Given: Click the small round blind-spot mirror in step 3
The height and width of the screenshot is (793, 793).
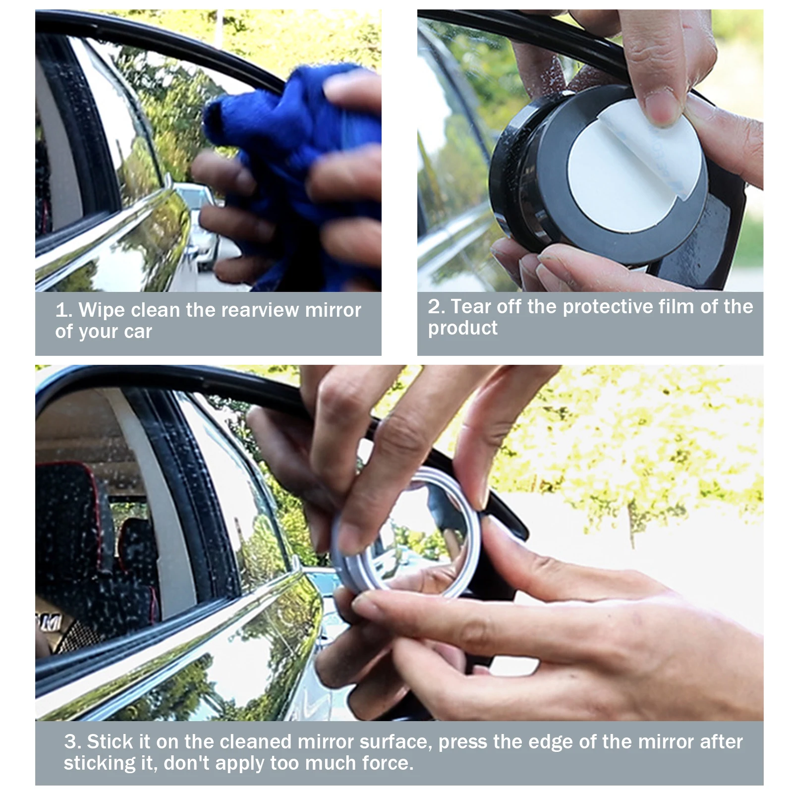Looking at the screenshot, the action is pyautogui.click(x=406, y=530).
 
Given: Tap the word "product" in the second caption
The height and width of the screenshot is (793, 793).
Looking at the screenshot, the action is pyautogui.click(x=463, y=328).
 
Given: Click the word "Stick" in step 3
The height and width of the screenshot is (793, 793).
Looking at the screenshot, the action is pyautogui.click(x=109, y=741).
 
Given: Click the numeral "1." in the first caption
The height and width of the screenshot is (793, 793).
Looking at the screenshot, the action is pyautogui.click(x=64, y=310).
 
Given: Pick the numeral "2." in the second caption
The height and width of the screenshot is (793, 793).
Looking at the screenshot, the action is pyautogui.click(x=437, y=307).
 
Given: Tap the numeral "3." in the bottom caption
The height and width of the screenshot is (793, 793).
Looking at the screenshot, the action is pyautogui.click(x=73, y=742).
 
